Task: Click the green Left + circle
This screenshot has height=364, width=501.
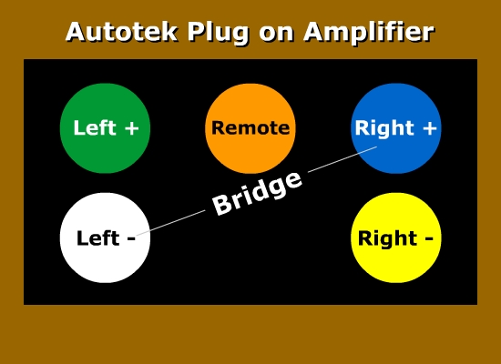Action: click(x=105, y=128)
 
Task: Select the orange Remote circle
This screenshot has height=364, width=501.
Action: click(x=250, y=128)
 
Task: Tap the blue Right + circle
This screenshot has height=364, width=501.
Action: click(x=396, y=128)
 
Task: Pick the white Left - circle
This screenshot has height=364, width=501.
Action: click(x=105, y=238)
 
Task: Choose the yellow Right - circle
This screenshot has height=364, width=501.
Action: click(x=396, y=238)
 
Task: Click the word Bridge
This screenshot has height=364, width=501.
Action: click(x=257, y=194)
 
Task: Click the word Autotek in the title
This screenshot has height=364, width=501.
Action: click(x=122, y=32)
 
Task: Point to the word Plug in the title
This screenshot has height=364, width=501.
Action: click(x=219, y=33)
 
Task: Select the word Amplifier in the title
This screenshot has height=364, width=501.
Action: click(x=369, y=33)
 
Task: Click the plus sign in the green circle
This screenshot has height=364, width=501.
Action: click(x=132, y=128)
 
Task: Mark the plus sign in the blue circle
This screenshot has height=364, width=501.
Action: click(x=430, y=128)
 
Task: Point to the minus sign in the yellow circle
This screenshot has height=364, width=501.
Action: click(x=428, y=238)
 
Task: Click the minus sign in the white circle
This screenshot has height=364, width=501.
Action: click(x=131, y=238)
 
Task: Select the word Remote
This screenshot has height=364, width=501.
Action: click(x=250, y=128)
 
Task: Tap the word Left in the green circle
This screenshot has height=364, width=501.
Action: click(x=95, y=127)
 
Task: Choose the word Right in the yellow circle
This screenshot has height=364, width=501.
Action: click(x=387, y=239)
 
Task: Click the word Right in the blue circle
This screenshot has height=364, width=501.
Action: click(x=384, y=129)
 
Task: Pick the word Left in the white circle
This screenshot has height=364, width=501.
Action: click(x=98, y=238)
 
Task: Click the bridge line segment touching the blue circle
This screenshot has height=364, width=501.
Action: click(x=343, y=159)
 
